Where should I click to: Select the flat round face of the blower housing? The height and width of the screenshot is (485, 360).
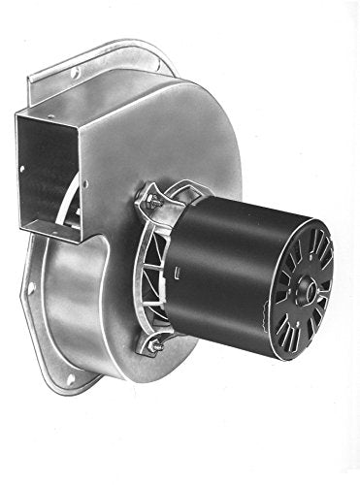tap(194, 145)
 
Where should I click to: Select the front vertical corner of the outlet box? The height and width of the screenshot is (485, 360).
tap(79, 175)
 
